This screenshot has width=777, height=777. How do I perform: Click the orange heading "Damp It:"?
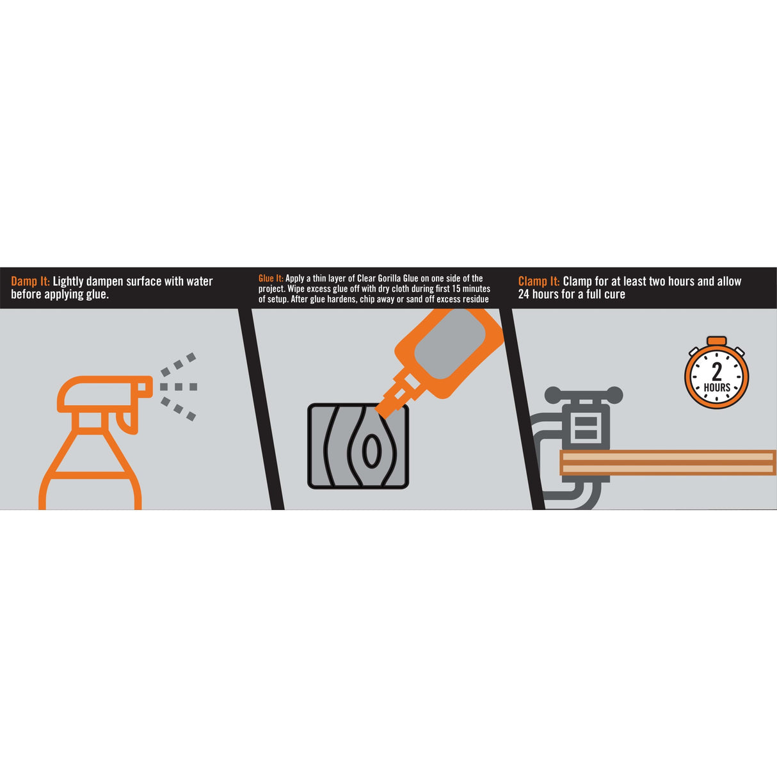tap(30, 281)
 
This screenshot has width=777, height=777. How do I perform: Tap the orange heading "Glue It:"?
tap(271, 278)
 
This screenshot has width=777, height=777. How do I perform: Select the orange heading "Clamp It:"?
tap(539, 281)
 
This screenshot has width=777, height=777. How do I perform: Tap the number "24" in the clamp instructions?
tap(524, 294)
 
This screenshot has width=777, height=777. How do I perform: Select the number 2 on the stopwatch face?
tap(717, 372)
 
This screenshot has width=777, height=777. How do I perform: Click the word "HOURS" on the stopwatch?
tap(717, 387)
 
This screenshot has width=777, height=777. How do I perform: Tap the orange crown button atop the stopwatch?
tap(717, 340)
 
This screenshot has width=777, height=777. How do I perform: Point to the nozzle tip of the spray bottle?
tap(146, 387)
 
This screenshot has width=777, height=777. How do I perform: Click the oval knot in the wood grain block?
tap(371, 450)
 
